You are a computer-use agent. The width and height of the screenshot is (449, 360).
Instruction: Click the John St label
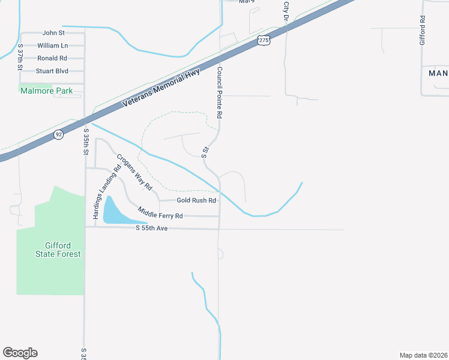click(x=53, y=33)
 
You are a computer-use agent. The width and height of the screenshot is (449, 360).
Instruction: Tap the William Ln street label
click(x=52, y=46)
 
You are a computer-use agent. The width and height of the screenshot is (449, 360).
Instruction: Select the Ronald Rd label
click(x=52, y=58)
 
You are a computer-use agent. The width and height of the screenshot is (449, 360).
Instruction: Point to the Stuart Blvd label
click(x=52, y=71)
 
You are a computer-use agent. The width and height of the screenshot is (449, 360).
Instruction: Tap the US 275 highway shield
click(x=265, y=40)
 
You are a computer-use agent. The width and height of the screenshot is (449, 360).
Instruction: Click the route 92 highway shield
click(x=58, y=134)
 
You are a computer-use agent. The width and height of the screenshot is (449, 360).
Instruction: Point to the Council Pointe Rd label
click(x=220, y=92)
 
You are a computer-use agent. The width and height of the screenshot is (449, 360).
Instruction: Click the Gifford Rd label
click(x=423, y=30)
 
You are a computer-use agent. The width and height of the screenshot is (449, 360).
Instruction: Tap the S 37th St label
click(x=20, y=58)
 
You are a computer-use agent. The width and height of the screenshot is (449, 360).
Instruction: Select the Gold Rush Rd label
click(x=196, y=200)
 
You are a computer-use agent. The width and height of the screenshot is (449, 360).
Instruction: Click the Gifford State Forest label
click(x=62, y=250)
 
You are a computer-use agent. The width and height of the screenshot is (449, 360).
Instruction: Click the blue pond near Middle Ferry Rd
click(x=114, y=211)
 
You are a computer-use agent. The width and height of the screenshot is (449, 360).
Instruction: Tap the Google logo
click(x=20, y=353)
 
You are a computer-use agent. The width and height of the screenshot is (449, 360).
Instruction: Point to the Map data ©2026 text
click(x=423, y=355)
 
